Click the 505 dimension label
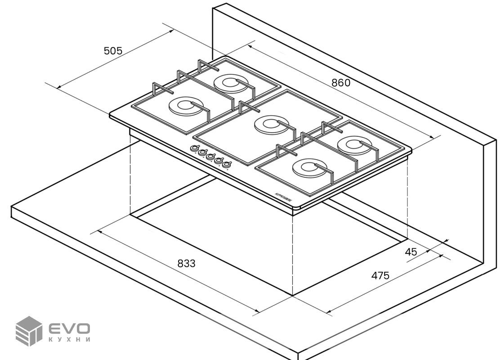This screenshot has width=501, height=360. pos(113,51)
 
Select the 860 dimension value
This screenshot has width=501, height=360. pos(340,83)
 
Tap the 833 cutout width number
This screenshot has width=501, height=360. pos(186,264)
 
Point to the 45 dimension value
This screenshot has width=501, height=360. pos(411,252)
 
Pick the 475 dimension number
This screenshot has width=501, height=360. pos(380,275)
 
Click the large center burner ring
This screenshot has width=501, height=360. pos(271,125)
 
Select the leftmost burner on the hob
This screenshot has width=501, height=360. pos(184,107)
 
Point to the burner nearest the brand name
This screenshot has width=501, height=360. pos(309,168)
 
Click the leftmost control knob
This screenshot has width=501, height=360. pos(195,148)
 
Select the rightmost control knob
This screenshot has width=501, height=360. pos(227,165)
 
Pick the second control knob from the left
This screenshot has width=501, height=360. pos(202,153)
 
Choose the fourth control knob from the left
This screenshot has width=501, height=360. pos(219,161)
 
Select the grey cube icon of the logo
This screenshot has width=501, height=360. pos(28,331)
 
